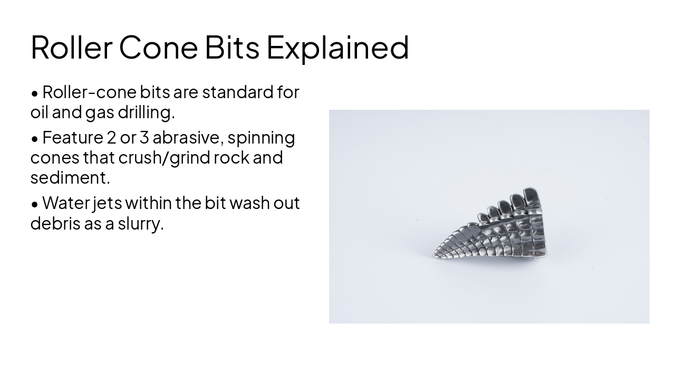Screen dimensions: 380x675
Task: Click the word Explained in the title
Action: (337, 47)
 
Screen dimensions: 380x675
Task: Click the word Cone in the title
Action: (158, 47)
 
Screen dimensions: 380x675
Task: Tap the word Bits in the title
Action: (232, 47)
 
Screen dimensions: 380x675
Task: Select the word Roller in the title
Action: (71, 47)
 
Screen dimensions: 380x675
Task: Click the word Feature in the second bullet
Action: (73, 138)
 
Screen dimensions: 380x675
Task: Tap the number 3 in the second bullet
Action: (144, 138)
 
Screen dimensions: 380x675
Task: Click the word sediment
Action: (70, 178)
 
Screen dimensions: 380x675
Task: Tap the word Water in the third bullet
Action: (66, 203)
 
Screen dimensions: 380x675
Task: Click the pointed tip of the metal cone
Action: (435, 255)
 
